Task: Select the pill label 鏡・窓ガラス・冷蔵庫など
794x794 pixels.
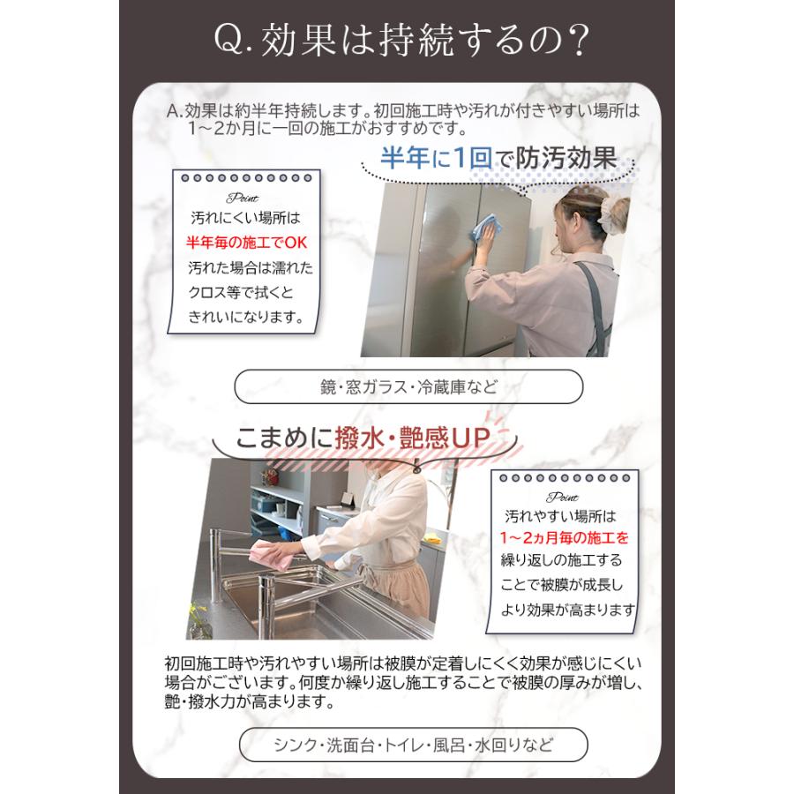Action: click(x=408, y=386)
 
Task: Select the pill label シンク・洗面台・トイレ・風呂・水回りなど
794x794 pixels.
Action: click(x=412, y=745)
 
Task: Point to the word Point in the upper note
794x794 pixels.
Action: click(x=242, y=198)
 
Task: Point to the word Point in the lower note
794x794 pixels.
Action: click(x=562, y=497)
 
